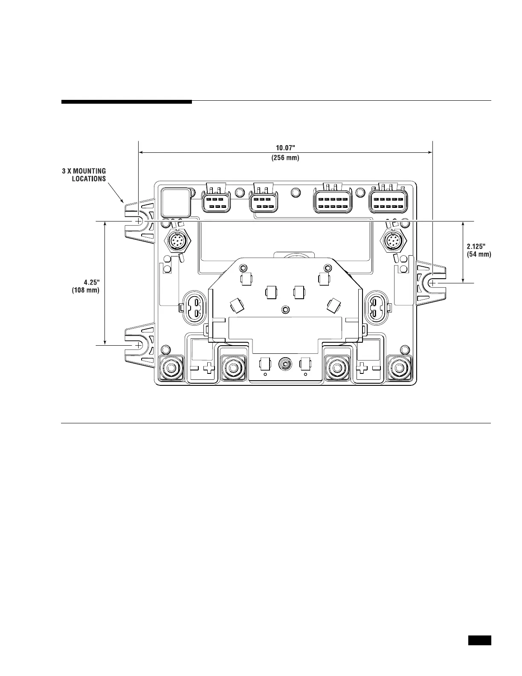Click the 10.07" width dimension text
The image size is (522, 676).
tap(285, 148)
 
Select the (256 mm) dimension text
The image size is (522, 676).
tap(285, 158)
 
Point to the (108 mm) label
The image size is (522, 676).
tap(86, 290)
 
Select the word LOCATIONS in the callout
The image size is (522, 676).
tap(89, 179)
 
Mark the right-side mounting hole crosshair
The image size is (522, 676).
tap(432, 283)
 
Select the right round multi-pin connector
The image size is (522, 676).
tap(392, 242)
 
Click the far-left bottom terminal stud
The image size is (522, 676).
tap(171, 367)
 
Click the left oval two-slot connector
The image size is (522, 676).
tap(195, 307)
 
